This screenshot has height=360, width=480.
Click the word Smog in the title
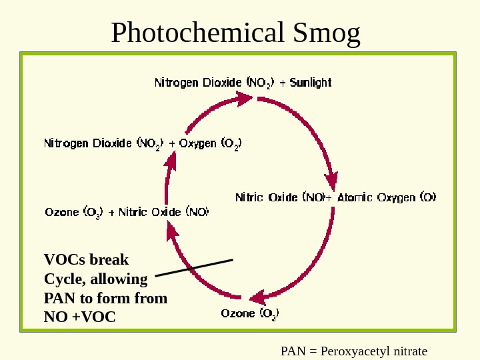(327, 32)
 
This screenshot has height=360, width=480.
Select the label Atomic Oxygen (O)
(387, 197)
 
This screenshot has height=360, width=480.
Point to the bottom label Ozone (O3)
(250, 313)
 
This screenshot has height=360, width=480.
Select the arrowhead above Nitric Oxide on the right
(331, 181)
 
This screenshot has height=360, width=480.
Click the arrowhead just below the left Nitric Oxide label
(171, 231)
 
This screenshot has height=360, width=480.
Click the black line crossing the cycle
(193, 267)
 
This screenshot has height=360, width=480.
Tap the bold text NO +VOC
(79, 317)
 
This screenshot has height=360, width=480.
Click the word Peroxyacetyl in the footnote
(352, 351)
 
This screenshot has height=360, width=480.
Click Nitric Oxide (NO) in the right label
(280, 197)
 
